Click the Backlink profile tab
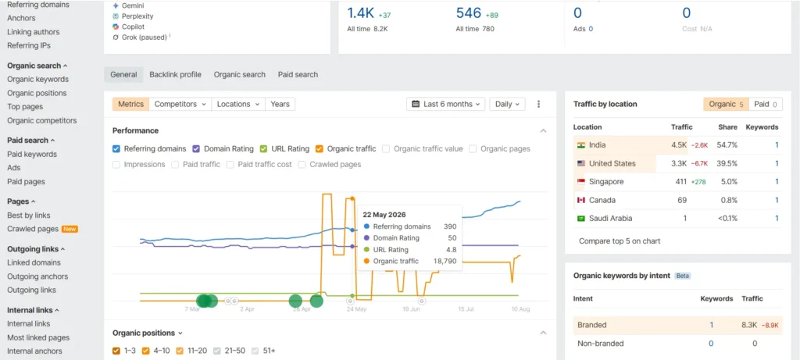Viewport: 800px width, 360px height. point(176,74)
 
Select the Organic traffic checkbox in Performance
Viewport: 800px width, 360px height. point(320,149)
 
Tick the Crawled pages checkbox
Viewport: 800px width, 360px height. point(302,164)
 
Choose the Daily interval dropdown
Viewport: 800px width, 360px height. point(507,104)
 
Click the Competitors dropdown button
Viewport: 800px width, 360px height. point(180,104)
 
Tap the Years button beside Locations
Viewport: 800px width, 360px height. point(280,104)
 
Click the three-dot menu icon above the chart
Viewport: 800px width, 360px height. point(539,104)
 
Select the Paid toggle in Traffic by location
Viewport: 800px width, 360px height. point(766,104)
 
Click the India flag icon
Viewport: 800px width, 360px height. point(580,144)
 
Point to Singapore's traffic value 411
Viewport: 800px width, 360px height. point(680,181)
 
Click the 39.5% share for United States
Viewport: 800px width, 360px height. point(727,163)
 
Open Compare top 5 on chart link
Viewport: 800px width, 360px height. point(620,241)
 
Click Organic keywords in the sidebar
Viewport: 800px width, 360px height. point(37,79)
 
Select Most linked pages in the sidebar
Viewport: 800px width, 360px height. point(38,337)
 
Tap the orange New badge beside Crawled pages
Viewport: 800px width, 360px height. point(70,229)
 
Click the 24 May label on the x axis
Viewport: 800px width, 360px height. point(356,309)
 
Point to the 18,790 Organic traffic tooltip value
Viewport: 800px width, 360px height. point(445,261)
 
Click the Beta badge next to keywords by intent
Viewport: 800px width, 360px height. point(683,276)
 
